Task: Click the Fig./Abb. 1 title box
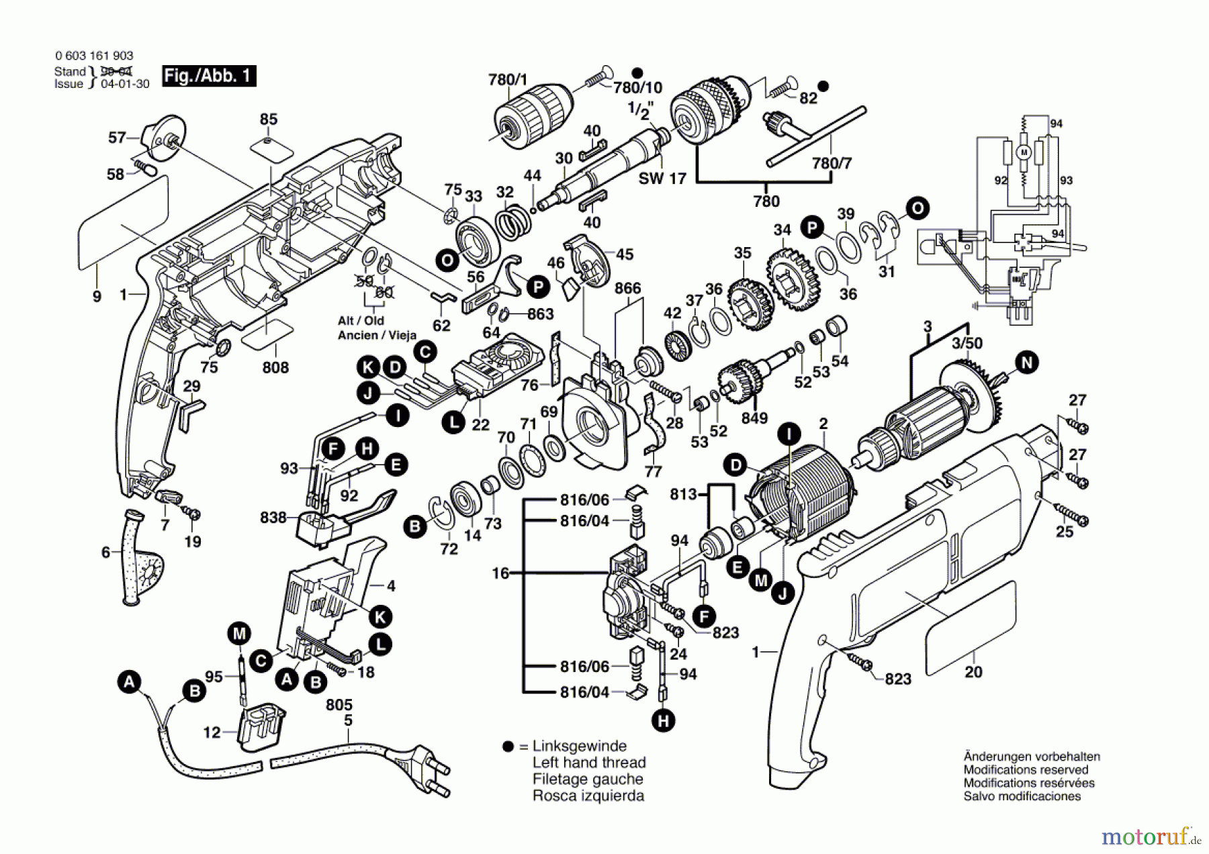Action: [209, 75]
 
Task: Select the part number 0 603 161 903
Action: [94, 56]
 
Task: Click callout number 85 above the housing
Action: [269, 119]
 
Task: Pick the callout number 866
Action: [628, 288]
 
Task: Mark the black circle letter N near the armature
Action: [1026, 363]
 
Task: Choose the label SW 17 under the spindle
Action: [662, 179]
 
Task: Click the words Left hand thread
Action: [589, 763]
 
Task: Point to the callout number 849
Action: [754, 418]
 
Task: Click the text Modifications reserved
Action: [1026, 769]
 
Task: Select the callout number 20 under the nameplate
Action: [973, 671]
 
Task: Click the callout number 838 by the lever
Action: [273, 518]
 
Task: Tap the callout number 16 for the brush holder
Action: [500, 573]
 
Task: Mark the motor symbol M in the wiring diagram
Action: [1024, 153]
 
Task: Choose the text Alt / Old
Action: [361, 320]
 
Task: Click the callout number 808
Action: [275, 367]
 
